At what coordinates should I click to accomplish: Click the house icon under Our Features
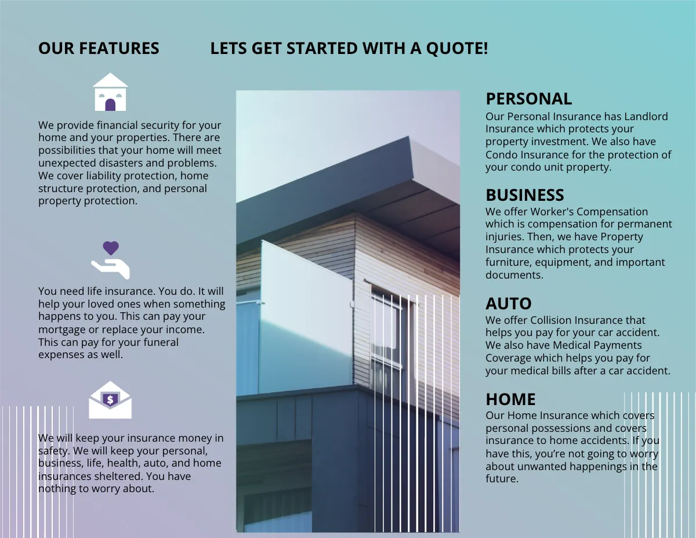click(110, 92)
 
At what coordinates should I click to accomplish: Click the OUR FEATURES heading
click(99, 49)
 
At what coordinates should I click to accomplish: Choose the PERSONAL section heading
click(528, 99)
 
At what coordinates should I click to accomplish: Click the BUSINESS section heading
click(524, 195)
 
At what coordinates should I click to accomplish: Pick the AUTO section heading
click(508, 304)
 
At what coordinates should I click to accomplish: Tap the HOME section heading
click(510, 399)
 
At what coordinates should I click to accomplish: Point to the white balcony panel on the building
click(304, 316)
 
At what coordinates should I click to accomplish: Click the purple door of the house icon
click(110, 104)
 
